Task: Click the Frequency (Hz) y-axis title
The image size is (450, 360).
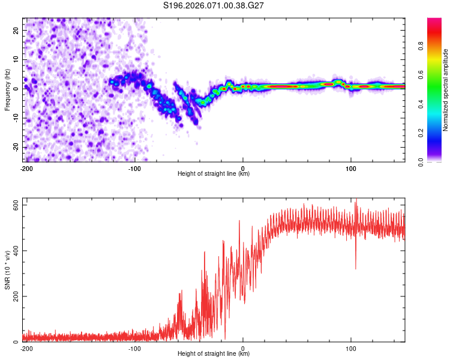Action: tap(7, 89)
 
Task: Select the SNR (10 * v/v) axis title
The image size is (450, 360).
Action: tap(7, 271)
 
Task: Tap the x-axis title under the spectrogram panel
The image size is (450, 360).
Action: tap(214, 174)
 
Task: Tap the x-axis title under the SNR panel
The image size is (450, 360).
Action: tap(214, 354)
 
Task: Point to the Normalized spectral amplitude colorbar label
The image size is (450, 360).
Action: tap(446, 90)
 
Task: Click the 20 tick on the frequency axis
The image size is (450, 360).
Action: tap(16, 29)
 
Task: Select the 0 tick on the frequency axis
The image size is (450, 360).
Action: tap(16, 88)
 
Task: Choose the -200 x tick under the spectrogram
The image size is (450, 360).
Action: tap(26, 168)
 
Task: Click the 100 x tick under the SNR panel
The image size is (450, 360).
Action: tap(351, 348)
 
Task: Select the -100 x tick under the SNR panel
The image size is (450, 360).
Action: tap(134, 348)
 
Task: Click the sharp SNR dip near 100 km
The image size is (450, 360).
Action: tap(356, 267)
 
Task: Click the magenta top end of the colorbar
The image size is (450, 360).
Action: tap(434, 20)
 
